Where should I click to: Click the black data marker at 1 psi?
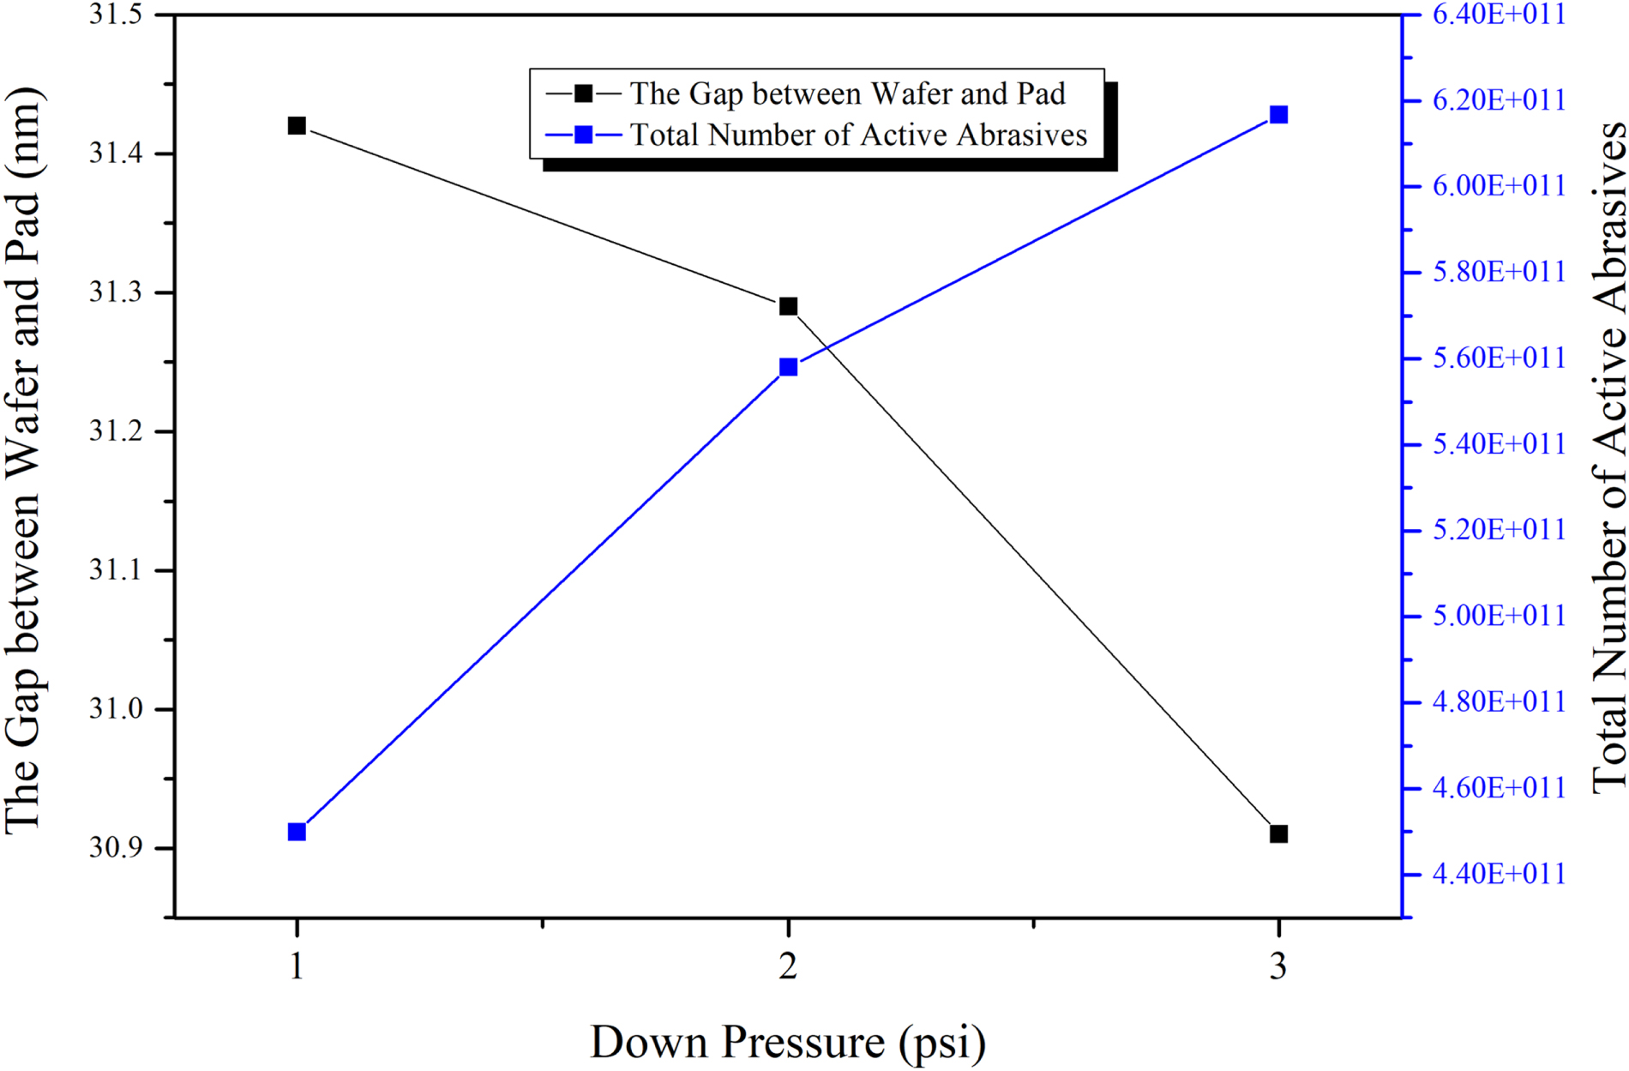click(297, 126)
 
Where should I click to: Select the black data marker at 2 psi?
click(788, 306)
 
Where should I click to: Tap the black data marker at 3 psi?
click(1278, 833)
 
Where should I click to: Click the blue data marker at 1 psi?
click(297, 832)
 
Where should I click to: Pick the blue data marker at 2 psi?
click(788, 367)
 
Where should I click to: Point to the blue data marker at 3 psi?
click(1278, 115)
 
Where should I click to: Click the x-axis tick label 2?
click(788, 966)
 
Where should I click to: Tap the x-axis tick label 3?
click(1278, 966)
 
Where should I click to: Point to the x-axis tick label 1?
click(297, 966)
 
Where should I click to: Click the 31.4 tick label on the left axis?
click(117, 154)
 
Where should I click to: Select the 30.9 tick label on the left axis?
click(117, 848)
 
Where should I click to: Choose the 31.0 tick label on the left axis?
click(117, 709)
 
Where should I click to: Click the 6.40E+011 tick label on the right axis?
click(1499, 15)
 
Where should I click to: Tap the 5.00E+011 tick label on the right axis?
click(1499, 616)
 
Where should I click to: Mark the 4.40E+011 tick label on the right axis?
click(1499, 874)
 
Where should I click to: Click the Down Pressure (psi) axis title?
click(788, 1043)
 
